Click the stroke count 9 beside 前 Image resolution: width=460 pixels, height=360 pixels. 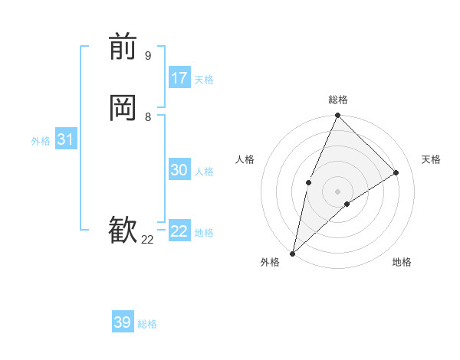(x=148, y=55)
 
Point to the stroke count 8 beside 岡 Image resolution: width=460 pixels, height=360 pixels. (x=148, y=116)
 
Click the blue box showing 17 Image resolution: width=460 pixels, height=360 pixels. (x=179, y=78)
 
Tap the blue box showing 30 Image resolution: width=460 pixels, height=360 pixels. (x=179, y=170)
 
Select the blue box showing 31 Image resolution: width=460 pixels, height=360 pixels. (x=65, y=139)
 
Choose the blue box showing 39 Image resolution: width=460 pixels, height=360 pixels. (x=123, y=322)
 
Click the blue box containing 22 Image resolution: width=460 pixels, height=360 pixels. (x=179, y=231)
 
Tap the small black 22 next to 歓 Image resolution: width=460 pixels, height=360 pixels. (x=147, y=240)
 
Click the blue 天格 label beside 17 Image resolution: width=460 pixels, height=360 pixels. (x=204, y=80)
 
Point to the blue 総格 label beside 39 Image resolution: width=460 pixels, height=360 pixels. (x=147, y=324)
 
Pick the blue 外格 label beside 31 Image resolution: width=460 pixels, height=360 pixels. (x=41, y=141)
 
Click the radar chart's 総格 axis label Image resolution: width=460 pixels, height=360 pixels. (x=338, y=100)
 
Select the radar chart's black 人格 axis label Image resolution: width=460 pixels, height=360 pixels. (x=245, y=159)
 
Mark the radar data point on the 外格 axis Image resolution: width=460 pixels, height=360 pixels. (x=292, y=254)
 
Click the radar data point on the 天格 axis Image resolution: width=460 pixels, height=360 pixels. (x=396, y=173)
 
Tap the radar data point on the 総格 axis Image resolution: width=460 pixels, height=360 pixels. (x=338, y=116)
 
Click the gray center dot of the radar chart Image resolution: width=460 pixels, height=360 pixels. (x=337, y=191)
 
